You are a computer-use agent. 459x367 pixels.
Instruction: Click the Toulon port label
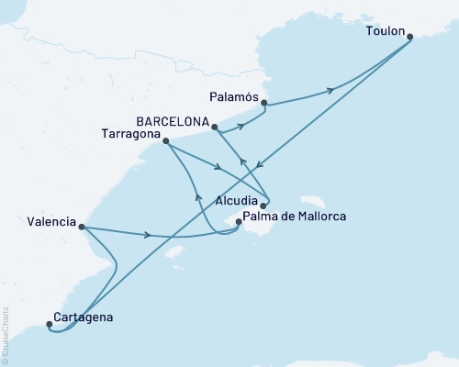[384, 29]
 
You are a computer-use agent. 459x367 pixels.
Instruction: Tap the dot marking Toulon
[410, 37]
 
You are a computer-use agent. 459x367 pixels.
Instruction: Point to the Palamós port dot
[264, 104]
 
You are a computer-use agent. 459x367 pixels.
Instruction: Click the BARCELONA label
[172, 119]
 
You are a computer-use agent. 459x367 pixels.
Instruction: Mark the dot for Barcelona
[213, 127]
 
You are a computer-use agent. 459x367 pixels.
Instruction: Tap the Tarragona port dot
[165, 140]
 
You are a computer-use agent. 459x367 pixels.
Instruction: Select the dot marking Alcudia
[263, 206]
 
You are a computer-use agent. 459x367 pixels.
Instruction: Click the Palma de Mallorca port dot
[239, 221]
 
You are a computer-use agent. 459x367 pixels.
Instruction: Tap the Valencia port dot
[82, 227]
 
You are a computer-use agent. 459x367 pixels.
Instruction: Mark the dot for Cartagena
[49, 323]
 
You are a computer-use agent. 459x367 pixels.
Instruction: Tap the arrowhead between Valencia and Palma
[148, 234]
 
